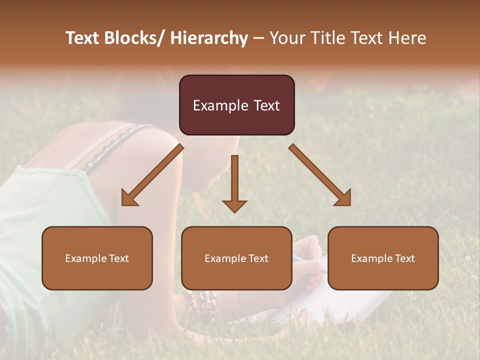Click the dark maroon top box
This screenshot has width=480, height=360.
tap(236, 105)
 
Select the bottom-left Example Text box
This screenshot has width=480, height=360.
tap(97, 258)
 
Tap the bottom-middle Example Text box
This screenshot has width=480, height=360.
tap(236, 258)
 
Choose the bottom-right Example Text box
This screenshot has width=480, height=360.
tap(383, 258)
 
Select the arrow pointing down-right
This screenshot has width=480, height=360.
tap(320, 175)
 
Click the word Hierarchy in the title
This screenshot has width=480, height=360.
tap(209, 38)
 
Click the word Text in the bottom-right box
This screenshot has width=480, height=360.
tap(404, 258)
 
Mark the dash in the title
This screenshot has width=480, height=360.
tap(258, 38)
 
